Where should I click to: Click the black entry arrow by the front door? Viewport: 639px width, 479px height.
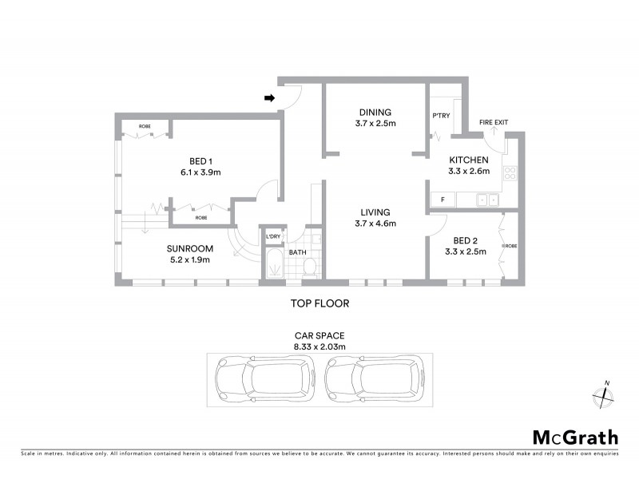270,98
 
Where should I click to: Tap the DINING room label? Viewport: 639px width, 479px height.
375,112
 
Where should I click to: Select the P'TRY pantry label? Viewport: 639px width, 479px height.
441,115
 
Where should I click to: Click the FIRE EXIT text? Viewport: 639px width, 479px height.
493,122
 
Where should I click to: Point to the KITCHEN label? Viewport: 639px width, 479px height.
468,160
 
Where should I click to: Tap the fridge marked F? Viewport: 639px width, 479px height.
441,199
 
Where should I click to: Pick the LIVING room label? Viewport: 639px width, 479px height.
375,212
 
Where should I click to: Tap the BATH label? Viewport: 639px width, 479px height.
297,252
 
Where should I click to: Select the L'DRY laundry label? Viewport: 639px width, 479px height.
273,237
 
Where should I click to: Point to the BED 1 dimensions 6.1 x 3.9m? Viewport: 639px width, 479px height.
200,172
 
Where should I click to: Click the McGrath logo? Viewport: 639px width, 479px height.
575,437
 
